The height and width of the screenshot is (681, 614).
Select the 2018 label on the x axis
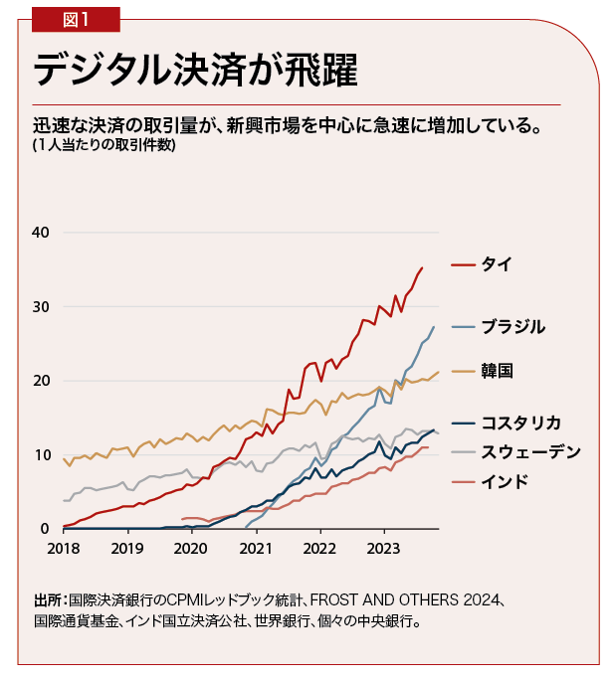[64, 548]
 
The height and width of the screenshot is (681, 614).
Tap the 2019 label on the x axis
[127, 548]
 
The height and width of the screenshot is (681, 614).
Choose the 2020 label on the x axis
[192, 548]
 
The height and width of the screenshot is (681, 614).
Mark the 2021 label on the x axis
[257, 548]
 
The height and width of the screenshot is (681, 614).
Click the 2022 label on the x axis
[320, 548]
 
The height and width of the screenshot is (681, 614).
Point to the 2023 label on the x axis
[385, 548]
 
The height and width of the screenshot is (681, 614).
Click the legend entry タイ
[497, 264]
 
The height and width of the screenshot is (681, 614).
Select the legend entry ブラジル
[512, 326]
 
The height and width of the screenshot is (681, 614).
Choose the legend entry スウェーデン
[529, 451]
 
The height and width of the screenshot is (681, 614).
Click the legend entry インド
[504, 482]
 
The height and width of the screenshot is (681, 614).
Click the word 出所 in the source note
[47, 600]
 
